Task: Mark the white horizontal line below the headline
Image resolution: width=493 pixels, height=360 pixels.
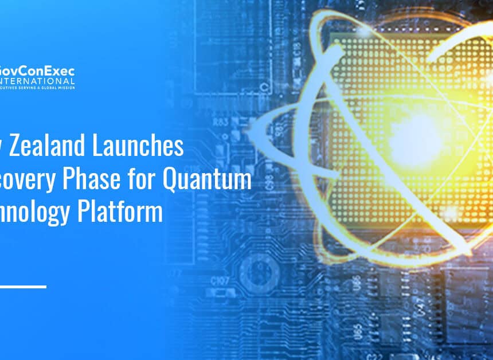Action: point(23,286)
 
